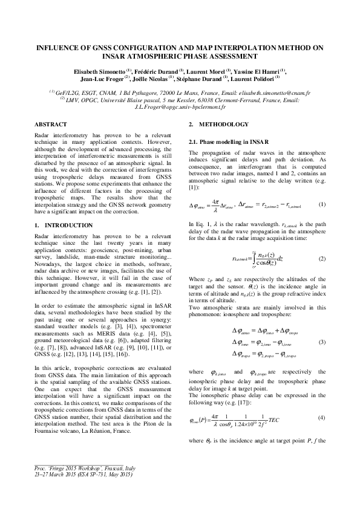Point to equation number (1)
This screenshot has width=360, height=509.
tap(322, 205)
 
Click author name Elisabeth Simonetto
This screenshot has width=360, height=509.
tap(98, 71)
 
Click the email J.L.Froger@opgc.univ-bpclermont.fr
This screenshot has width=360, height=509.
tap(180, 106)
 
